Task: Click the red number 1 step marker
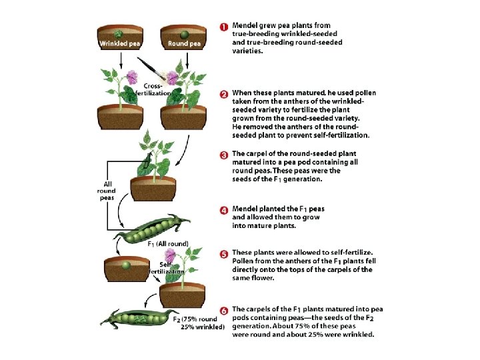click(x=225, y=27)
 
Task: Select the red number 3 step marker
click(x=225, y=155)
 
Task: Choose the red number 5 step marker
click(x=225, y=254)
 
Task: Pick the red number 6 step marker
click(x=225, y=311)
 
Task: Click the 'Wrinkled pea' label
click(x=119, y=44)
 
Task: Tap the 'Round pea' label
click(x=184, y=44)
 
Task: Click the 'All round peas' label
click(x=106, y=191)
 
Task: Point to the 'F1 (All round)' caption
click(x=167, y=243)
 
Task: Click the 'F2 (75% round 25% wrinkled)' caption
click(x=199, y=323)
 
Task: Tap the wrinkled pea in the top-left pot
click(x=119, y=33)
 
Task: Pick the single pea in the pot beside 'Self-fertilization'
click(x=125, y=265)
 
